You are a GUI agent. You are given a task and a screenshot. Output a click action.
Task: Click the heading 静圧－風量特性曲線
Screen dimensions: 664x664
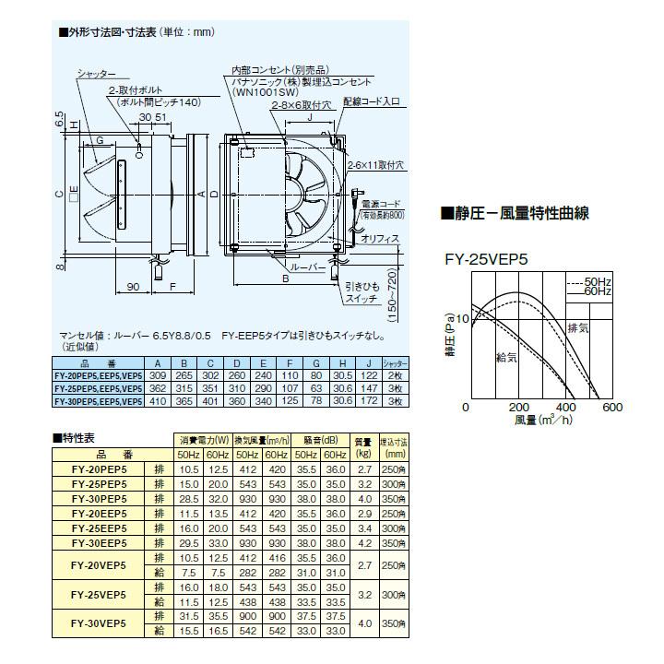click(x=516, y=214)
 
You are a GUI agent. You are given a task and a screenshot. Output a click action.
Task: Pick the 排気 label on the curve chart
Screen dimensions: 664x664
click(x=578, y=328)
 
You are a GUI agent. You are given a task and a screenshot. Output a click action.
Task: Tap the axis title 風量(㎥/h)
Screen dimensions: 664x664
click(x=543, y=421)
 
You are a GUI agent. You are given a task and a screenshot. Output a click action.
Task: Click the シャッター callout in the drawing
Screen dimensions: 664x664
click(x=97, y=72)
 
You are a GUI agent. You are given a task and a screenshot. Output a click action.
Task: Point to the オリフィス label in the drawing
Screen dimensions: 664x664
click(x=380, y=238)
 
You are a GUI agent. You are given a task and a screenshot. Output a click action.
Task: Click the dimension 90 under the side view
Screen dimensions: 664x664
click(x=133, y=287)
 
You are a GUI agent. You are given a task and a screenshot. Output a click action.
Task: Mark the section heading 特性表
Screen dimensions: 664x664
click(x=77, y=436)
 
